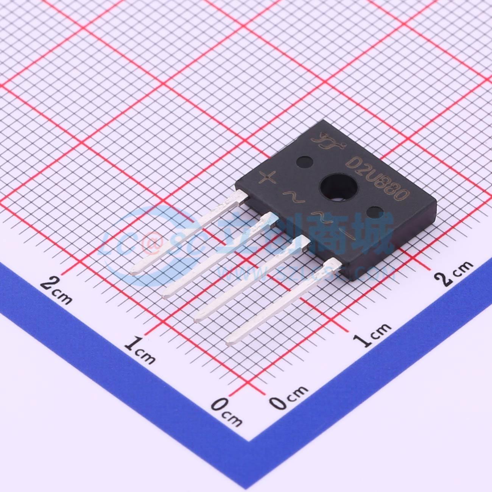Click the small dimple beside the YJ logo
click(x=304, y=162)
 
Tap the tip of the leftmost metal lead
click(x=135, y=271)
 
